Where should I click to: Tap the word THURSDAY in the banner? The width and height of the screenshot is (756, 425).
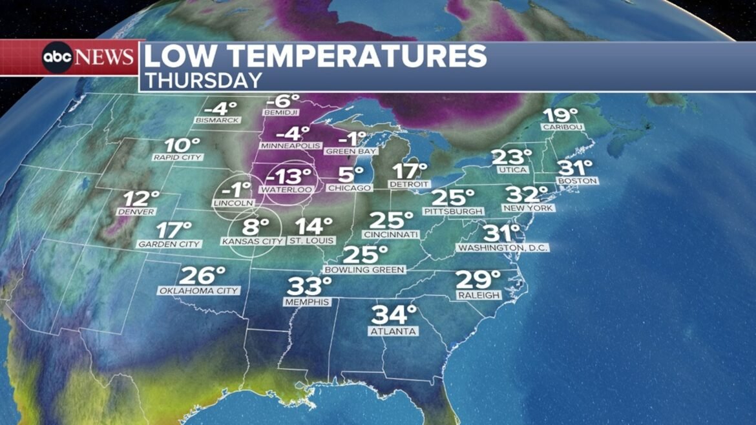(x=203, y=80)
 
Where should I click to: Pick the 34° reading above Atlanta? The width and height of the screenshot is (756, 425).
(x=394, y=315)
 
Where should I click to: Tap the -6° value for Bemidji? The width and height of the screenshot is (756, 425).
(x=282, y=101)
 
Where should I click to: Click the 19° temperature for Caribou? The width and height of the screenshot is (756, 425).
(x=560, y=116)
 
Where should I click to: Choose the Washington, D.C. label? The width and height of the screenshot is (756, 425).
(x=503, y=248)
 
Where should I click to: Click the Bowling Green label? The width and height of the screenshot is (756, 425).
(x=364, y=269)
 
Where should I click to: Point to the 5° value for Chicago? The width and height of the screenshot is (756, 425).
(x=351, y=174)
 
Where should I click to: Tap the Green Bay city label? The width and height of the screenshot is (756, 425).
(x=351, y=152)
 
